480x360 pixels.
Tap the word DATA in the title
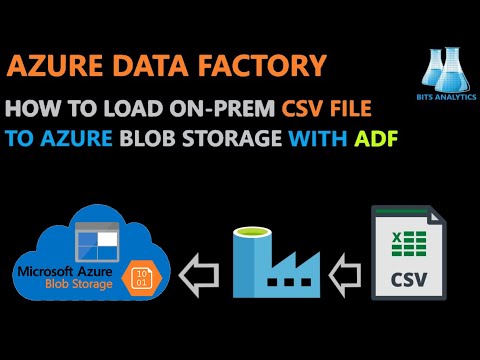click(x=170, y=66)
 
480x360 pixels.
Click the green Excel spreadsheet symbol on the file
click(x=407, y=243)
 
